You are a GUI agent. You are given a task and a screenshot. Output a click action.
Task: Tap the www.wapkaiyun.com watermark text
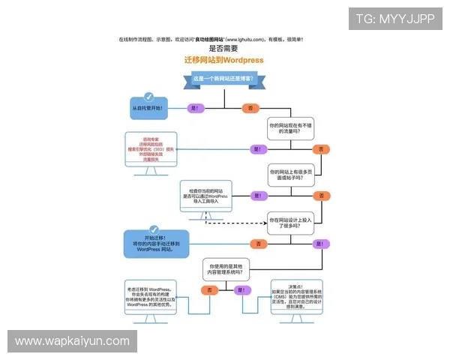coord(72,341)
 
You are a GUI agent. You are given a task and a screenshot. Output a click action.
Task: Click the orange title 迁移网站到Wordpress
coord(224,60)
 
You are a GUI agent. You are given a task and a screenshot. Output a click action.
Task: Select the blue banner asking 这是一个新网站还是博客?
coord(224,79)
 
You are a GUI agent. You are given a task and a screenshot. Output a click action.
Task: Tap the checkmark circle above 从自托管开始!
coord(148,97)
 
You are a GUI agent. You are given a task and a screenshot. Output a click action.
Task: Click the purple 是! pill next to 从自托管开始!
coord(196,109)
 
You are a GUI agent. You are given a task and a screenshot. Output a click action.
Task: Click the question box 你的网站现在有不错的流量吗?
coord(290,128)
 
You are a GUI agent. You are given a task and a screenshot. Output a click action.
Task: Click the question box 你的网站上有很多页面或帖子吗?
coord(290,175)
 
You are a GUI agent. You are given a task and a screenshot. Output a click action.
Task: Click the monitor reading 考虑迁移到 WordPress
coord(150,296)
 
